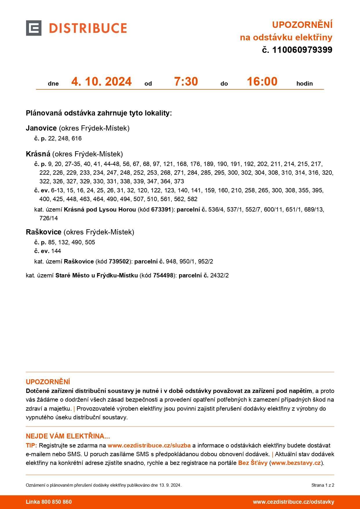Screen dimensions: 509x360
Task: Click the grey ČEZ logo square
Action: [x=34, y=28]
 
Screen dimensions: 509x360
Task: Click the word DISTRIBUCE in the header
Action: [x=88, y=28]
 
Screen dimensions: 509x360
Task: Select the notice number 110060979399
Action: [x=302, y=50]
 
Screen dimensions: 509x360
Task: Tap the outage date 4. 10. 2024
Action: [x=102, y=82]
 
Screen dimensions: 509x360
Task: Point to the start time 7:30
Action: [x=186, y=82]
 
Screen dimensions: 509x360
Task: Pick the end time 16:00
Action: [x=262, y=82]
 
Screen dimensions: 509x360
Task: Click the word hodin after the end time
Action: [x=304, y=84]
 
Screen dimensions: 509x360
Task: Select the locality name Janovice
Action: [x=41, y=128]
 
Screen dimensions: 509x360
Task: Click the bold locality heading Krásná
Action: [x=38, y=154]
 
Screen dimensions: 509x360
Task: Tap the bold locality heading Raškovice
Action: [x=44, y=232]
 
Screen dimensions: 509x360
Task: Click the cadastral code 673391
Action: [x=161, y=210]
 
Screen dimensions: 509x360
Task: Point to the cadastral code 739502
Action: [x=119, y=261]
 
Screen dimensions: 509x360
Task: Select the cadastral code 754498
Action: [x=163, y=275]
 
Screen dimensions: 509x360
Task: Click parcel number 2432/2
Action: [x=219, y=275]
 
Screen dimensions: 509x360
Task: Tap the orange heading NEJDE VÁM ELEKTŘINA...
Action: [x=68, y=436]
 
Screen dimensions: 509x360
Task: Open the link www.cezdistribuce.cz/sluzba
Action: [x=149, y=445]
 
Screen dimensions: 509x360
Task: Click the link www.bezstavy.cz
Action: [x=296, y=463]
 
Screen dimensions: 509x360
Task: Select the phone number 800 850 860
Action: [x=57, y=502]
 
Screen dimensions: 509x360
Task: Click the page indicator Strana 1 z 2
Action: [x=323, y=485]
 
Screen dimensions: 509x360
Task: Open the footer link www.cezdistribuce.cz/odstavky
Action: [x=293, y=502]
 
